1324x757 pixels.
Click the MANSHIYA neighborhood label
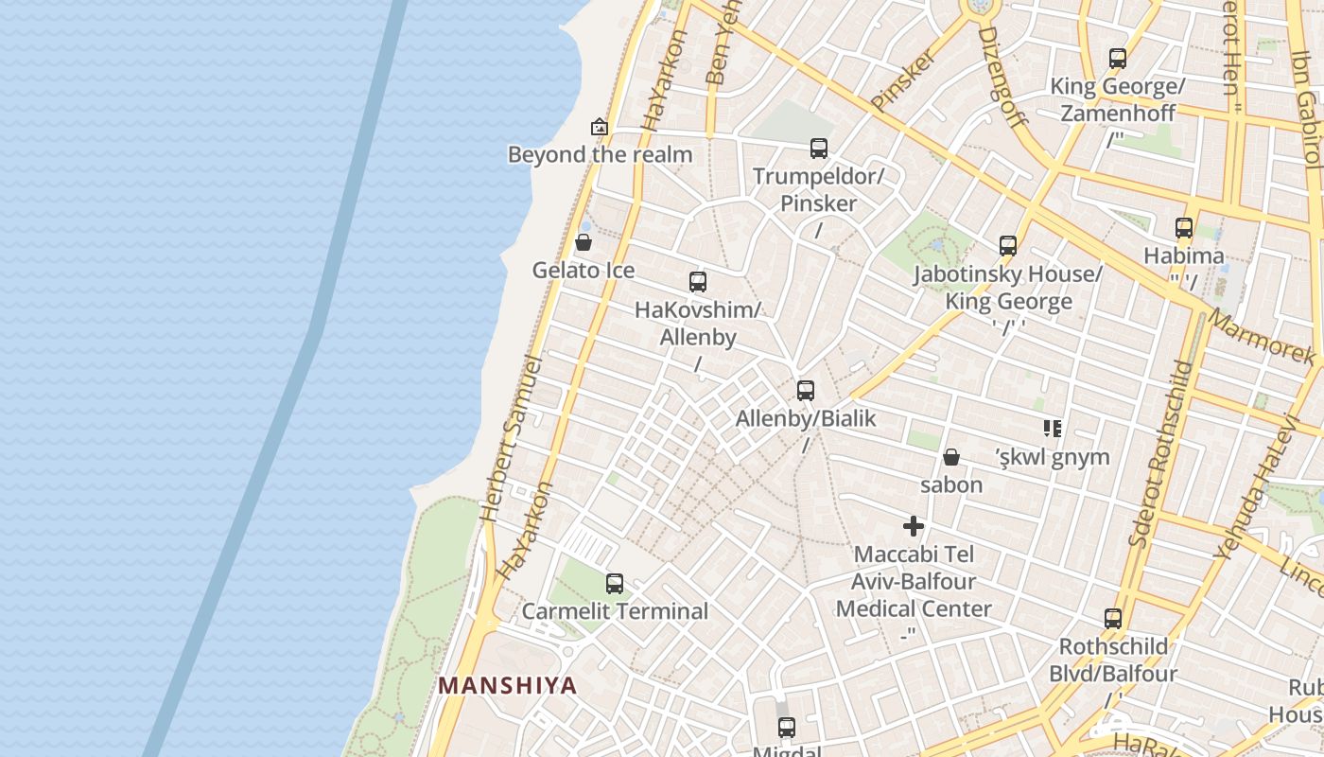(507, 685)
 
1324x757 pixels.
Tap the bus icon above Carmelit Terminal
(615, 583)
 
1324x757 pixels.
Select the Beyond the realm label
(600, 154)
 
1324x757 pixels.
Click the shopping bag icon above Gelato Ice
(584, 242)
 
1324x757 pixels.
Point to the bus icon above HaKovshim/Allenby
(698, 281)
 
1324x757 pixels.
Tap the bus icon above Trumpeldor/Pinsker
(819, 148)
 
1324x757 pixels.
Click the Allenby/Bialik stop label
(806, 418)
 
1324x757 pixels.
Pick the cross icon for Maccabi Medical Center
(914, 526)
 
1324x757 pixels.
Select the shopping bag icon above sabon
(951, 457)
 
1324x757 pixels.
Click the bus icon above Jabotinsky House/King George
(1008, 246)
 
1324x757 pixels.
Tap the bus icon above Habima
(1184, 227)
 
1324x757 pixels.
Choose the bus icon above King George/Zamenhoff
(1118, 59)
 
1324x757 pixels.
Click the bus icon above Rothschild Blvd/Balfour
(1113, 619)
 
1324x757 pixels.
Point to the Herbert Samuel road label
(511, 439)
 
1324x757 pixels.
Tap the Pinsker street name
(902, 79)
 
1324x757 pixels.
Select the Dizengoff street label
(1002, 76)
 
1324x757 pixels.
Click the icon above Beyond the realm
(599, 126)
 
